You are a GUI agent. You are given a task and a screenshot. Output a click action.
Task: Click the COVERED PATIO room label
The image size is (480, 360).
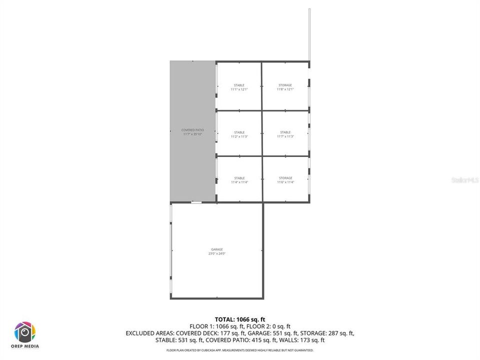coord(192,130)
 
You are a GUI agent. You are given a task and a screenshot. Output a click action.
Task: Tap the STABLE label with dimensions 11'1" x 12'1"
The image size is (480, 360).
coord(239,85)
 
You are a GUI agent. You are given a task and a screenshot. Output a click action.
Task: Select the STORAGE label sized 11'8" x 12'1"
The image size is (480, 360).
coord(285,85)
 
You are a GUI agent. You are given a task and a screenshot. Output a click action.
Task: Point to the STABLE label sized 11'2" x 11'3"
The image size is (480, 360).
coord(239,132)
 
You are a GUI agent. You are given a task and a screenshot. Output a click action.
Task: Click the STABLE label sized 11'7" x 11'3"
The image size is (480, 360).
coord(285,132)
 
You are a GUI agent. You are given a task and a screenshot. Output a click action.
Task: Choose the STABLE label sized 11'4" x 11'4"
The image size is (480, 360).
coord(239,178)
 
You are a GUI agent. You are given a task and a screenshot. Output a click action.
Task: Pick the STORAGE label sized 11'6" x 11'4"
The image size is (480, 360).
coord(285,178)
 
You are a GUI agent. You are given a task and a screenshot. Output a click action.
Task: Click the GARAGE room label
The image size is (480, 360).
coord(217,249)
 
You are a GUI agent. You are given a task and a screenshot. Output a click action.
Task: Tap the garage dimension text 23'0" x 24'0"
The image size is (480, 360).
coord(217,253)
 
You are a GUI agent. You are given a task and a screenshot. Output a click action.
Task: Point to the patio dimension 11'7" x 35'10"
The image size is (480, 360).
coord(192,134)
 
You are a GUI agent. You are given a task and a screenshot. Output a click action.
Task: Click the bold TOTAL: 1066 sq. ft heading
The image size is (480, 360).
coord(240,319)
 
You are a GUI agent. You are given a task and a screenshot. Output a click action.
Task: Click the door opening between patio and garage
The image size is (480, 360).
coord(196,202)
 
